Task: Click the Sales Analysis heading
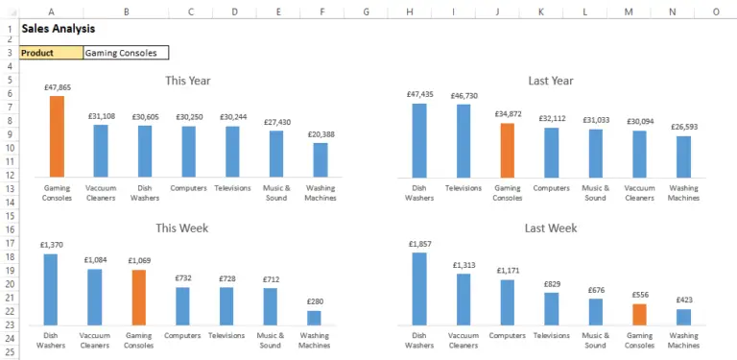click(58, 29)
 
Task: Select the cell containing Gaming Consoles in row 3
click(126, 53)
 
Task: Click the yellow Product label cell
click(51, 53)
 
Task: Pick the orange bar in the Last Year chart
click(508, 149)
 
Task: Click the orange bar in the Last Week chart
click(639, 314)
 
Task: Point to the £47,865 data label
click(57, 87)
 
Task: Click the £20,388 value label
click(321, 134)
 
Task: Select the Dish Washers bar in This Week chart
click(50, 289)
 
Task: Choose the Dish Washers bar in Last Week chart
click(419, 288)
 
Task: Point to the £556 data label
click(639, 295)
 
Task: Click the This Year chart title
click(188, 81)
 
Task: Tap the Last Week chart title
click(551, 228)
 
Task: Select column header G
click(366, 12)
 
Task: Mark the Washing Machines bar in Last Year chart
click(683, 156)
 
